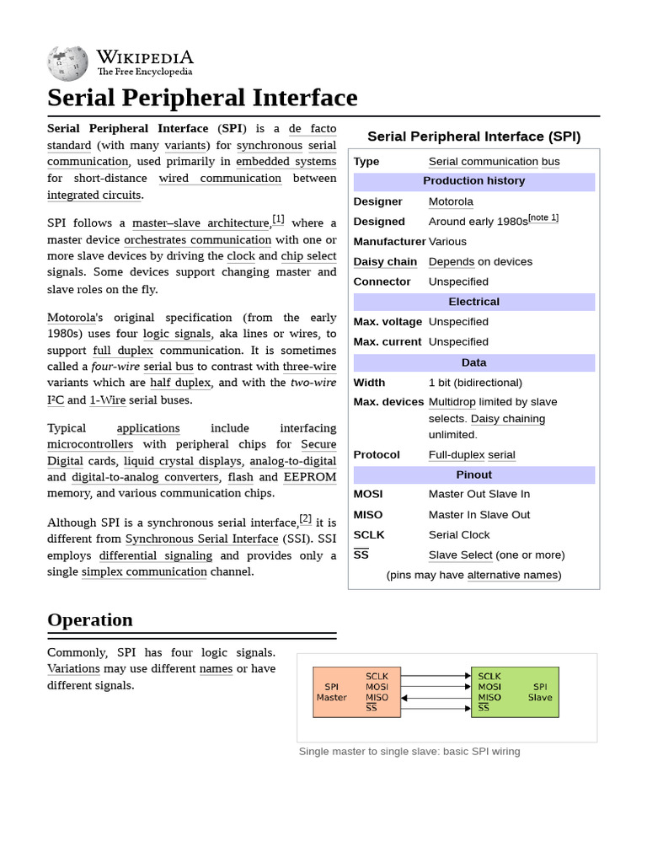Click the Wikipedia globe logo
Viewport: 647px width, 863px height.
(67, 63)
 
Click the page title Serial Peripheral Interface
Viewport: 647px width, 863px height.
(202, 98)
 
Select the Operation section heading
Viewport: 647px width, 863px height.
(90, 620)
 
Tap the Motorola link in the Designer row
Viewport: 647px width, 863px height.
(451, 201)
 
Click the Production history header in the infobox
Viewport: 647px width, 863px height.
(473, 181)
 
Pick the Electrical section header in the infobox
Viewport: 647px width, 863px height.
(473, 302)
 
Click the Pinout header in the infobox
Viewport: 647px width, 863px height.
(473, 474)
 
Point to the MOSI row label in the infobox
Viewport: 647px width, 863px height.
(368, 495)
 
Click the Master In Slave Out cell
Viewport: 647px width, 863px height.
(479, 515)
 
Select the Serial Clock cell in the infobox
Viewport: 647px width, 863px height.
(459, 535)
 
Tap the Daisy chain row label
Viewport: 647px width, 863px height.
(385, 262)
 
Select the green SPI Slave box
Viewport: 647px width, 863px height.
(515, 692)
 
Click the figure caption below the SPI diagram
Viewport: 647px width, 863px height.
(409, 751)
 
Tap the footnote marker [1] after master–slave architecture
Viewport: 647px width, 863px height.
(278, 220)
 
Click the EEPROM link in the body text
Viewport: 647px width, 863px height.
(309, 477)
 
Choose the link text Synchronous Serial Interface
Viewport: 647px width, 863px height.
(201, 539)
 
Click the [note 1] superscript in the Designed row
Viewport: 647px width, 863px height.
(543, 218)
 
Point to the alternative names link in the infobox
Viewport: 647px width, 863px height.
(512, 576)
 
